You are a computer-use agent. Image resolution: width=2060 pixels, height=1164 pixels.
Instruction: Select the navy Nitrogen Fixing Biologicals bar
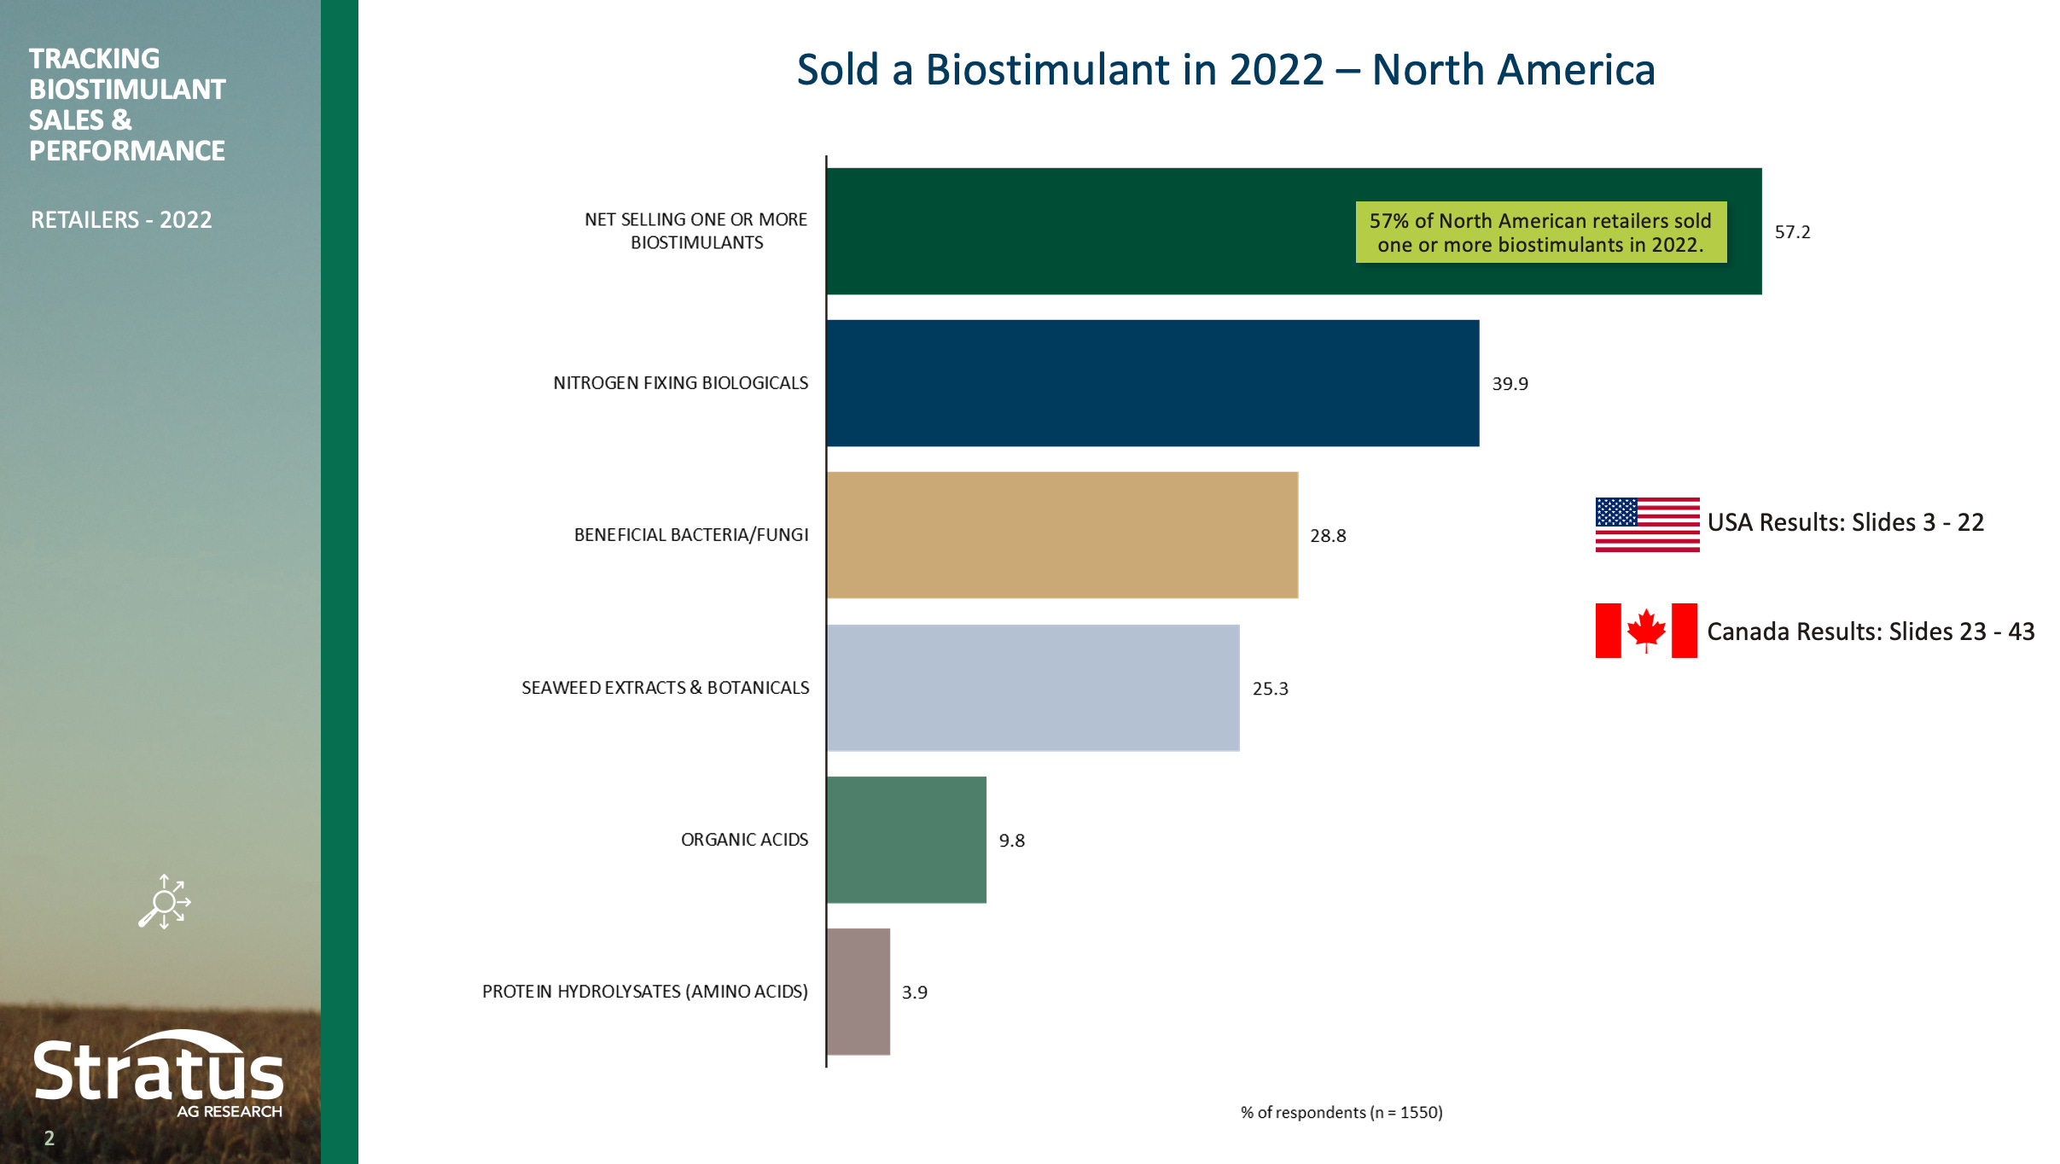(1152, 383)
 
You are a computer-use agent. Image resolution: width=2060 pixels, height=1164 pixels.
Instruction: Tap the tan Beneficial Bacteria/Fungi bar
(1062, 535)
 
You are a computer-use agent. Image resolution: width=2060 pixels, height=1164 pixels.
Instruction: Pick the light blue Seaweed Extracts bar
(1033, 688)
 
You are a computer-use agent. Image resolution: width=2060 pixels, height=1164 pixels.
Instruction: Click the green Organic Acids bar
(906, 840)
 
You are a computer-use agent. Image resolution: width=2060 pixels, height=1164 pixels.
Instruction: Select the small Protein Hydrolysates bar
(858, 992)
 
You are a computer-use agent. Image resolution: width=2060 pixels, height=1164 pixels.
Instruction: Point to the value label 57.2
(1792, 232)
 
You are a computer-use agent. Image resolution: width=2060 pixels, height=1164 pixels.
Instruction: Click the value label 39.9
(1510, 384)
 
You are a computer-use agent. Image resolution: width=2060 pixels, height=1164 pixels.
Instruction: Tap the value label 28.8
(1328, 536)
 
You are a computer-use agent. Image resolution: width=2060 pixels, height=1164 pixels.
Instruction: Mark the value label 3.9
(914, 992)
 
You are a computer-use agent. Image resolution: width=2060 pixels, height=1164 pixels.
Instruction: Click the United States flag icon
(1647, 524)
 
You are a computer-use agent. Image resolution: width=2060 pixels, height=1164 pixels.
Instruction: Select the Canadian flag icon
(1646, 631)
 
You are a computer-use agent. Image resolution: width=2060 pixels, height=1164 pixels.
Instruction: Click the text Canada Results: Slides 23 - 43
(1871, 631)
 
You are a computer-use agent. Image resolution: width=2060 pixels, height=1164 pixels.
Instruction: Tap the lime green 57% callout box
(1540, 232)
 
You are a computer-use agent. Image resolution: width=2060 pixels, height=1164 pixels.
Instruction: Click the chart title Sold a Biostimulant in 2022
(1225, 70)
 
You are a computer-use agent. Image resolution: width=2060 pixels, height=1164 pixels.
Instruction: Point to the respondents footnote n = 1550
(1341, 1112)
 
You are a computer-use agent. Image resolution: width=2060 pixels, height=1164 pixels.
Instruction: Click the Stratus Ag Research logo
(159, 1075)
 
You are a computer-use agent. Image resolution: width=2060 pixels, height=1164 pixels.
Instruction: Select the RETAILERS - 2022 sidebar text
(121, 220)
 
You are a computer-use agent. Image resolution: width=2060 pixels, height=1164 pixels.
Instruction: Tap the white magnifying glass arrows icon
(165, 902)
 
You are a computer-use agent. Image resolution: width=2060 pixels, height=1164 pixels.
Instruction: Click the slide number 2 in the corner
(49, 1138)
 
